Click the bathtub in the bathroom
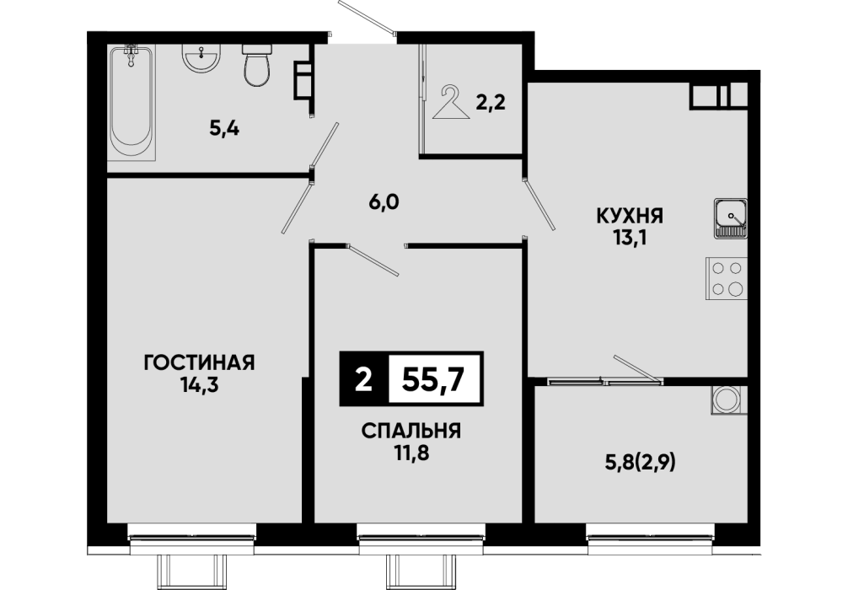(131, 102)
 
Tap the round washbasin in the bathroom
(201, 58)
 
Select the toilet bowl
(256, 66)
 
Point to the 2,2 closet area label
(491, 102)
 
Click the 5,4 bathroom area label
(224, 129)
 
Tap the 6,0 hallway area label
(384, 202)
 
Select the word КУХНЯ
(630, 216)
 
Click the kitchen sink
(731, 218)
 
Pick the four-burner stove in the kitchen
(727, 278)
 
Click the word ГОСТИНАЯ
(199, 362)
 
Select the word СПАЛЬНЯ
(411, 431)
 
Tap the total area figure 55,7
(434, 379)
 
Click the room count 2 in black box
(364, 379)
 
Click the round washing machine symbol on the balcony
(726, 400)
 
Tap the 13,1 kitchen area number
(630, 238)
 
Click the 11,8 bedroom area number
(411, 453)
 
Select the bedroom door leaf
(373, 260)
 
